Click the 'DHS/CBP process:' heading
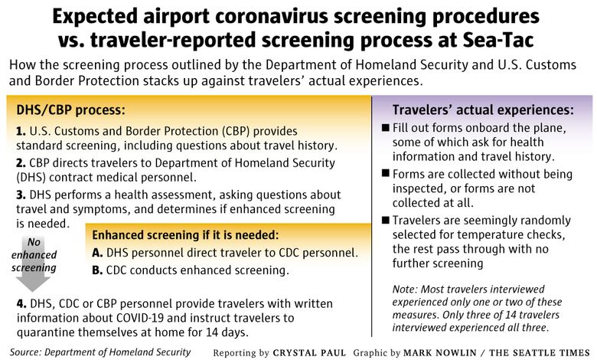point(70,110)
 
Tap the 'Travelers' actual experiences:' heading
point(483,110)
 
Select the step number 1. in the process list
point(21,132)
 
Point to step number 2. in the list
point(21,163)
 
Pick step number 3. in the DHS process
point(21,195)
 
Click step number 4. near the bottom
point(21,303)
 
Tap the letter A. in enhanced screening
point(97,253)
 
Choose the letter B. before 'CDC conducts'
point(97,270)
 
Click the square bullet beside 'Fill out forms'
point(385,127)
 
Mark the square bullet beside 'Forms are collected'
point(385,173)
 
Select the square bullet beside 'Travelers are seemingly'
point(385,220)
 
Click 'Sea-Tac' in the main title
point(498,40)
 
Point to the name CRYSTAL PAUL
point(309,353)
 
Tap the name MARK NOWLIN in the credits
point(440,353)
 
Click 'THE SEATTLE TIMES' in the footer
point(540,353)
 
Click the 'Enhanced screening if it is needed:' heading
point(185,235)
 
